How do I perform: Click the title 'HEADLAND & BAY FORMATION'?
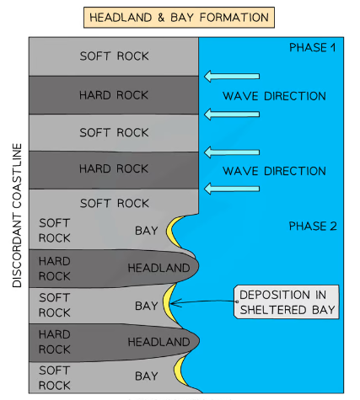click(x=180, y=16)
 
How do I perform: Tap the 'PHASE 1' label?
click(x=312, y=47)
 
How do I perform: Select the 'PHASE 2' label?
click(x=312, y=226)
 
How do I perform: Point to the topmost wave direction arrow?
click(x=232, y=77)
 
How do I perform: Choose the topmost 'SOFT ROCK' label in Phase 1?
click(x=114, y=56)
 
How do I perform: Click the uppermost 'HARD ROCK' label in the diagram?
click(x=114, y=94)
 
